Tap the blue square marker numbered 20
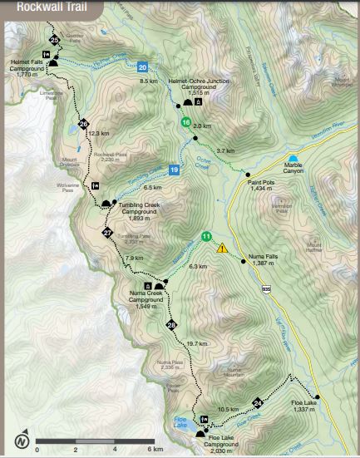(x=143, y=67)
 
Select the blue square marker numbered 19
(x=174, y=170)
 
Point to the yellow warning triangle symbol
(x=222, y=248)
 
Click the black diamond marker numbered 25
(x=55, y=40)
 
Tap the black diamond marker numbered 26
(x=83, y=125)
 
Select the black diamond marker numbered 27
(x=107, y=233)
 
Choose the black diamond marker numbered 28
(x=171, y=324)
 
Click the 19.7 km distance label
(x=196, y=343)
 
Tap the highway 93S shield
(x=265, y=288)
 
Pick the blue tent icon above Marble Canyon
(x=292, y=157)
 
